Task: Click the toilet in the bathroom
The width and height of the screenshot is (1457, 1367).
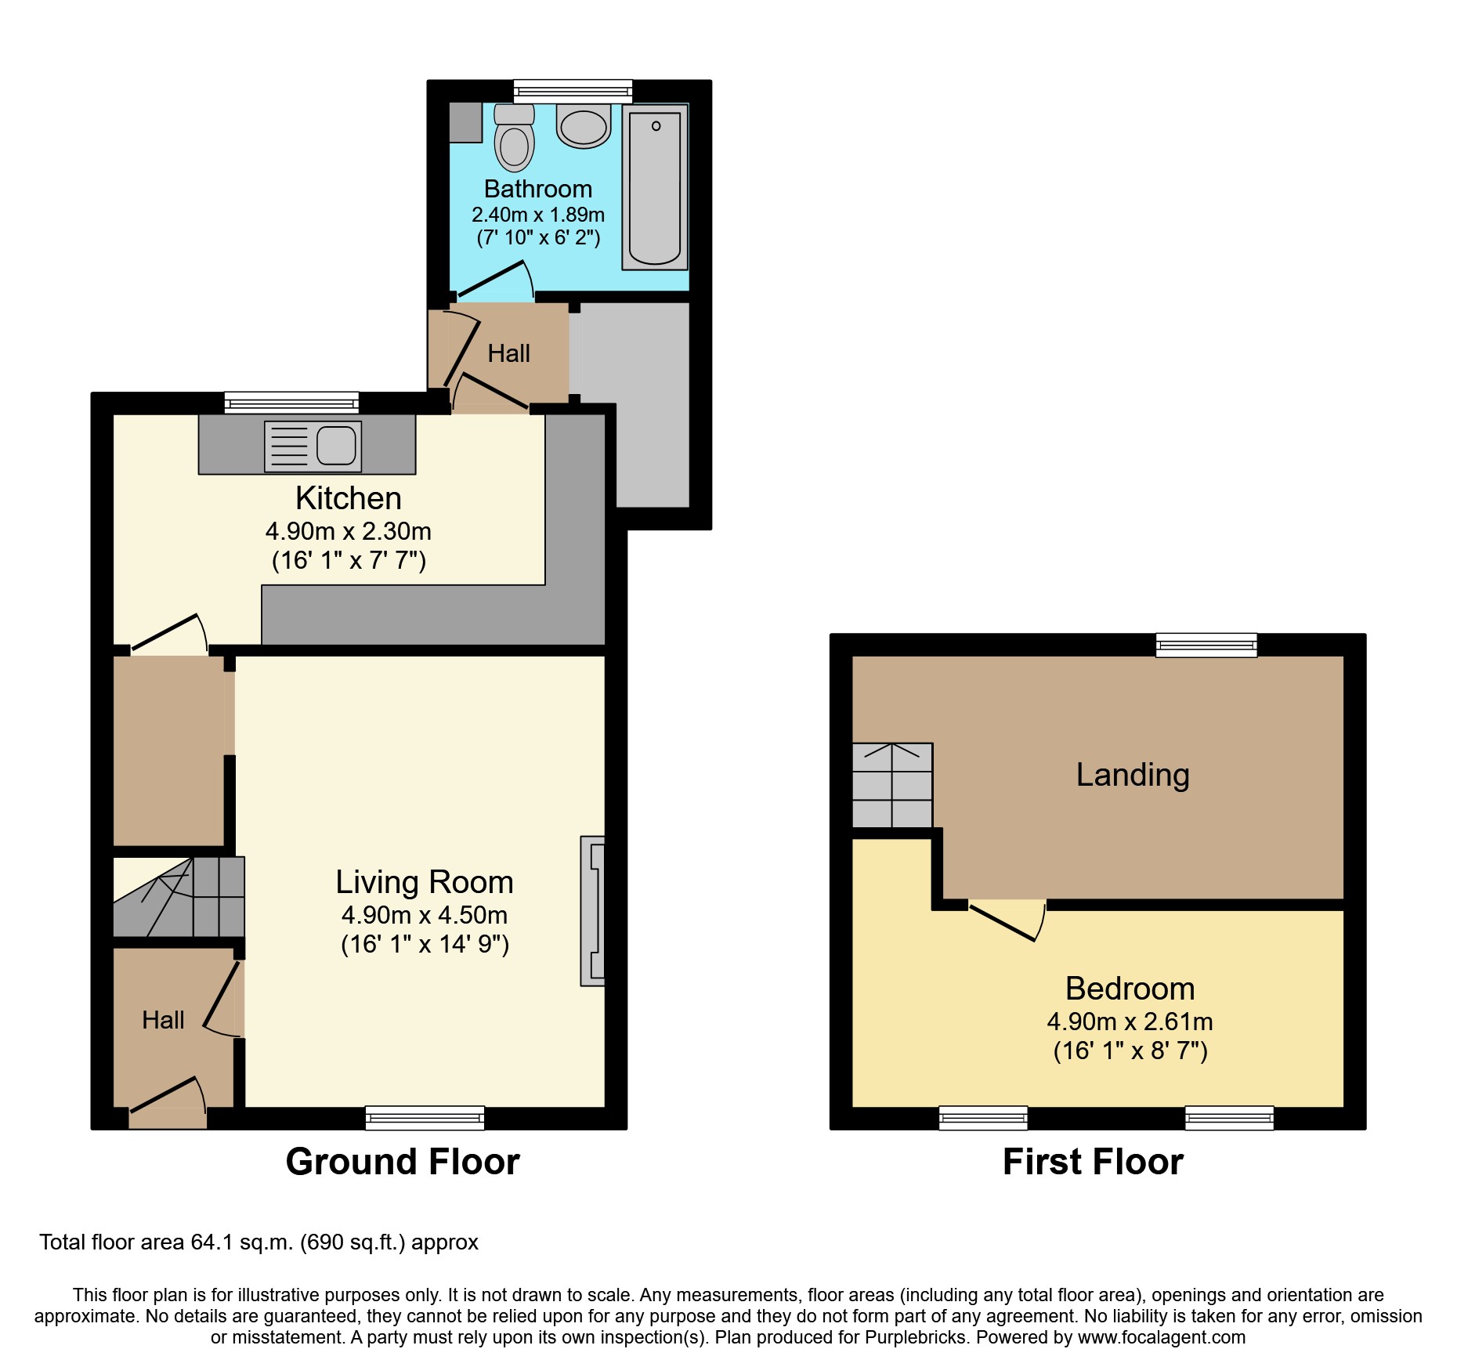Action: tap(514, 139)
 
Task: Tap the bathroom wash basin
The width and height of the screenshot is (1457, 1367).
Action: tap(584, 126)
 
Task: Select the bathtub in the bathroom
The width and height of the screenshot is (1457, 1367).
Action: tap(655, 187)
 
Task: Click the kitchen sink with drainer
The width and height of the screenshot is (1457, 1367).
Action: tap(313, 447)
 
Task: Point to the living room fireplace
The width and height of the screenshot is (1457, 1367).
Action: tap(593, 911)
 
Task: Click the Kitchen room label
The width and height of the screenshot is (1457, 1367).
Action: tap(348, 498)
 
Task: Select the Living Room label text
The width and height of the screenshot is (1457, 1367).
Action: tap(424, 882)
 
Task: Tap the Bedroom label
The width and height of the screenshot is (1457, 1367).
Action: tap(1130, 989)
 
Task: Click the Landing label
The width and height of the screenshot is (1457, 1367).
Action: tap(1132, 775)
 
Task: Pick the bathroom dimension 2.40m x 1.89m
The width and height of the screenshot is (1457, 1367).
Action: tap(537, 215)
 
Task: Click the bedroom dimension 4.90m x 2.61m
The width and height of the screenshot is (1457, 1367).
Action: tap(1130, 1022)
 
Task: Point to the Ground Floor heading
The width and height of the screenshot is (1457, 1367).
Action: tap(403, 1161)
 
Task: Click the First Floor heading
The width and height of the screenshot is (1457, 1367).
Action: tap(1093, 1161)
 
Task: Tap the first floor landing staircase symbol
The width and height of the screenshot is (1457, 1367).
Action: tap(892, 785)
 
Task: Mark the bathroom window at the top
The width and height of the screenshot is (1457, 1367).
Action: tap(573, 92)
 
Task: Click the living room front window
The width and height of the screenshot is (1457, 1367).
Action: tap(425, 1117)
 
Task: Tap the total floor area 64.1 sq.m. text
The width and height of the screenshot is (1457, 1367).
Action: tap(258, 1242)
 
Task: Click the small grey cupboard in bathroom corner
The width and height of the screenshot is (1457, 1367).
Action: tap(465, 122)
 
